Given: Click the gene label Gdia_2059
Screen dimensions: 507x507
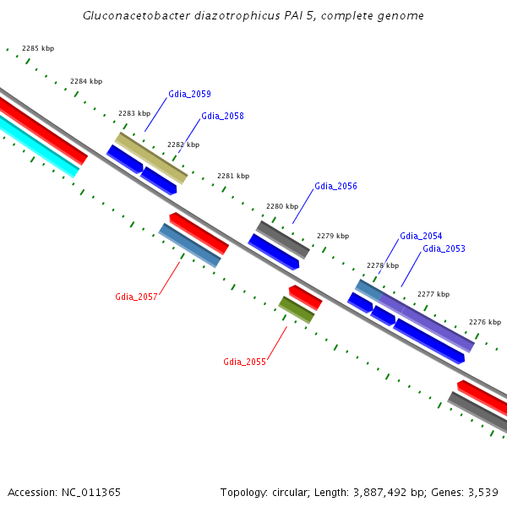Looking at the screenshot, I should (x=189, y=94).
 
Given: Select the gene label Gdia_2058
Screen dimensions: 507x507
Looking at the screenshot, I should (x=222, y=116).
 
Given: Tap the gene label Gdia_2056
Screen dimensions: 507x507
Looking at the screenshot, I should (x=335, y=186).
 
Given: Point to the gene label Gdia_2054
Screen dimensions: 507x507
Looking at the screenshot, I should (x=421, y=236).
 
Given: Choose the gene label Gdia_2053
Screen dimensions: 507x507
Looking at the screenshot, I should (x=444, y=248).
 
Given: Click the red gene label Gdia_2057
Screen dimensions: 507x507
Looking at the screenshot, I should (x=136, y=297).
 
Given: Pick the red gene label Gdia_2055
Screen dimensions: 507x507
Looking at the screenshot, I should (x=244, y=362).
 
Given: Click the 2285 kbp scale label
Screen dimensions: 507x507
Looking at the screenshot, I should (x=38, y=48).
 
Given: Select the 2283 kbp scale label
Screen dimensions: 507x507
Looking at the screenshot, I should (x=134, y=113).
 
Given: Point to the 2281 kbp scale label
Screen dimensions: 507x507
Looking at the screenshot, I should (x=233, y=176).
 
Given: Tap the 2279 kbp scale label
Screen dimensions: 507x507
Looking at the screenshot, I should (x=332, y=236).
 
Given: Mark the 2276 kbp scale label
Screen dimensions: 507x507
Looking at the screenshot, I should (x=485, y=322).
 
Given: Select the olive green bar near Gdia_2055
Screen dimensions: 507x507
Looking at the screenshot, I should (x=297, y=309).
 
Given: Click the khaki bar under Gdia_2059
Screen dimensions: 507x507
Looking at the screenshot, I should (x=151, y=157).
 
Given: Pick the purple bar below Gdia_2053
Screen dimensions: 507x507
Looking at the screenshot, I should (x=427, y=321).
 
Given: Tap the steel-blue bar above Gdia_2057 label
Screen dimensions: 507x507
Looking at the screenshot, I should (x=189, y=245).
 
